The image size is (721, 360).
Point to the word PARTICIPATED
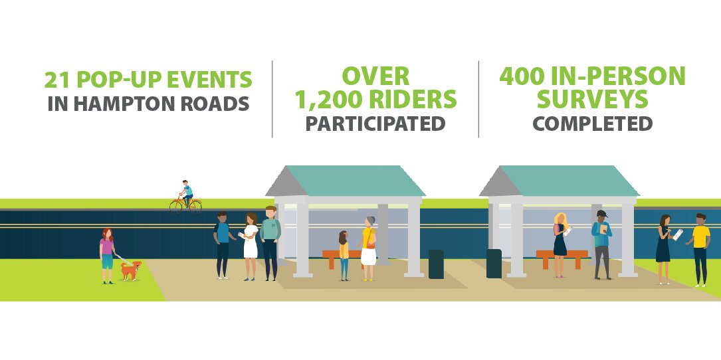(375, 124)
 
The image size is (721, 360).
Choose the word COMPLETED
(593, 124)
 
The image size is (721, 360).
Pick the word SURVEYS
(593, 100)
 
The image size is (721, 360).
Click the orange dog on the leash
(130, 270)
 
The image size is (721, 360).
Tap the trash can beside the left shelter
(436, 264)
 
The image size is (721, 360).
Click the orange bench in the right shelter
(562, 256)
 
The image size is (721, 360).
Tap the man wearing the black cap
(602, 244)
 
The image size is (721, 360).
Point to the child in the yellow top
(344, 255)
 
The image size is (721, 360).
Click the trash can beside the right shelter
(494, 263)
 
